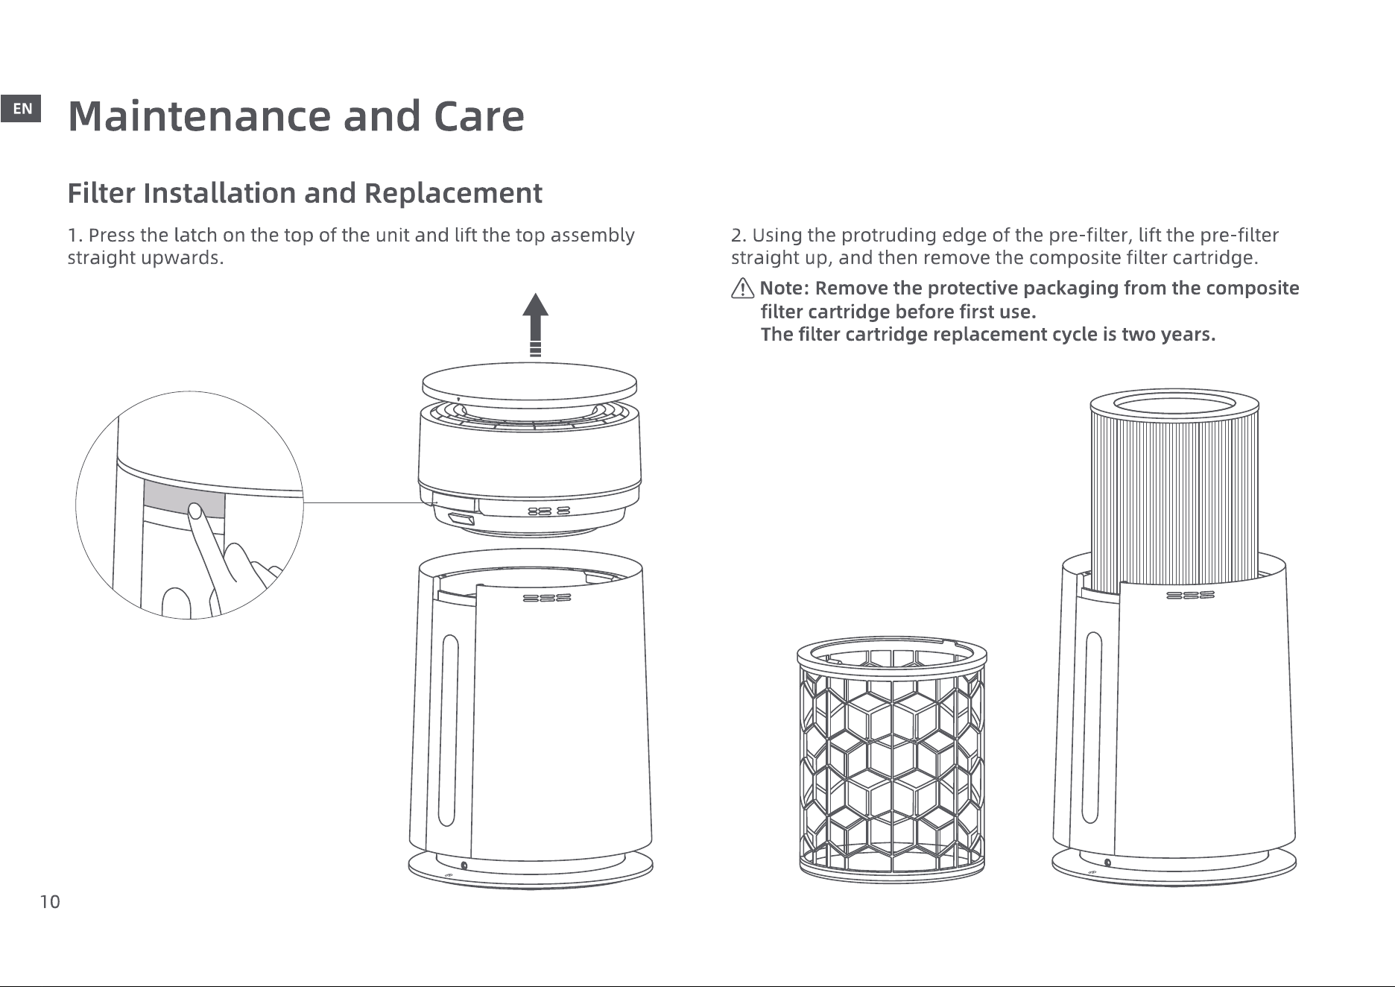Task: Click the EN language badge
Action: pos(22,110)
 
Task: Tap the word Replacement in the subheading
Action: pos(452,193)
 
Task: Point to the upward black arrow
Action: pos(534,325)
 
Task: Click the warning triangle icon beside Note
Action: pos(743,288)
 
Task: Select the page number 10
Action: pos(50,903)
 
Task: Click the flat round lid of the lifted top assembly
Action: pos(529,382)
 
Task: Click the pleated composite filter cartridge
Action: pos(1175,485)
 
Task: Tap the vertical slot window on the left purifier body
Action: pos(448,730)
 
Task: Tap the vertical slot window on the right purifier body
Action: pos(1093,728)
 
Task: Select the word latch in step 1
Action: pos(194,236)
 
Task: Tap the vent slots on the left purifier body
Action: pos(547,598)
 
